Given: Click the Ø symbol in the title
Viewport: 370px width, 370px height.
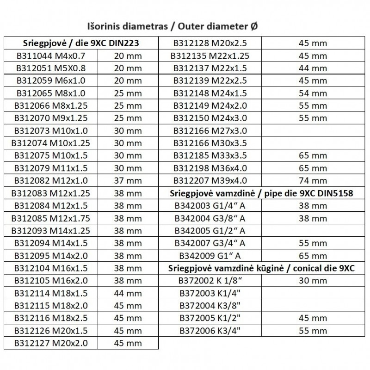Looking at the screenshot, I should click(255, 27).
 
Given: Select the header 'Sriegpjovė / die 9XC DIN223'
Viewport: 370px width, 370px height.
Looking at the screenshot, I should click(81, 44).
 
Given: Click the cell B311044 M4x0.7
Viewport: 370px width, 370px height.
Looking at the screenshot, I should click(57, 56).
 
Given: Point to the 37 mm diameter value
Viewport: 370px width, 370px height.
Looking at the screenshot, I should click(128, 180).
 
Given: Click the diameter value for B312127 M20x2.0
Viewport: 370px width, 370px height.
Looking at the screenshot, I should click(128, 343).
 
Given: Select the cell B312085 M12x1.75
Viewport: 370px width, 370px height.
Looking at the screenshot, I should click(57, 218).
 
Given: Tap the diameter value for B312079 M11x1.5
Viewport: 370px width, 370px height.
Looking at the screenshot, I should click(128, 168).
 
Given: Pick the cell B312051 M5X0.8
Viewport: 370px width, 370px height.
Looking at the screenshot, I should click(57, 68).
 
